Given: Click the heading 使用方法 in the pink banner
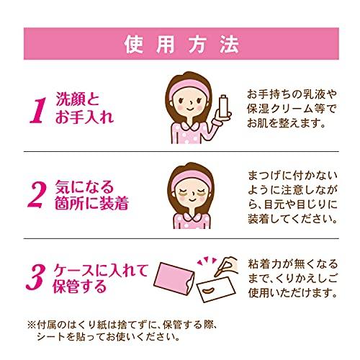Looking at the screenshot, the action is (x=181, y=45).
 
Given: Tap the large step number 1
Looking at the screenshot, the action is (x=38, y=110).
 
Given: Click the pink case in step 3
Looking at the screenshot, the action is (x=174, y=277).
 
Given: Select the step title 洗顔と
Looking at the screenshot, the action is (x=77, y=99).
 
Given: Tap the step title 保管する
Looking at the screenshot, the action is (x=80, y=286).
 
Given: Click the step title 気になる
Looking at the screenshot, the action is (x=84, y=187).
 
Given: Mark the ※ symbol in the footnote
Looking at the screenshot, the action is (x=32, y=325).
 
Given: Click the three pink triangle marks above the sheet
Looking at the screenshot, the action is (x=207, y=261).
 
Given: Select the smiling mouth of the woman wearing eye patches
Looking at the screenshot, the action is (x=192, y=199).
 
